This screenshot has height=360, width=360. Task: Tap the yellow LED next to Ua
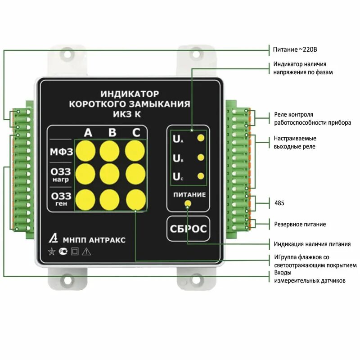coord(201,138)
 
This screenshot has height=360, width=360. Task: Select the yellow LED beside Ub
coord(201,157)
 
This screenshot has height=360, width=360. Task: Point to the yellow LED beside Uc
coord(201,176)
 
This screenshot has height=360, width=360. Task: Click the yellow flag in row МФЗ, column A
coord(85,151)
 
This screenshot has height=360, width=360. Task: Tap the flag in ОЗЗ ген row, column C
coord(135,199)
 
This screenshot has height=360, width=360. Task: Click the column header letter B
coord(112,132)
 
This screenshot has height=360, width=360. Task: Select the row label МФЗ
coord(61,152)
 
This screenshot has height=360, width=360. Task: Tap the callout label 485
coord(279,203)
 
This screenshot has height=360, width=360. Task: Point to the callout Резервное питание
coord(300,224)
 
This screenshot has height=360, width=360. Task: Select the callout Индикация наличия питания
coord(312,244)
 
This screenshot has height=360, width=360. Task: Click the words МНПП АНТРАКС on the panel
coord(94,240)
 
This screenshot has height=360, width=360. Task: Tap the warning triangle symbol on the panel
coord(86,252)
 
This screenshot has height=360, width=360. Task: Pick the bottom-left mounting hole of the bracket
coord(67,282)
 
